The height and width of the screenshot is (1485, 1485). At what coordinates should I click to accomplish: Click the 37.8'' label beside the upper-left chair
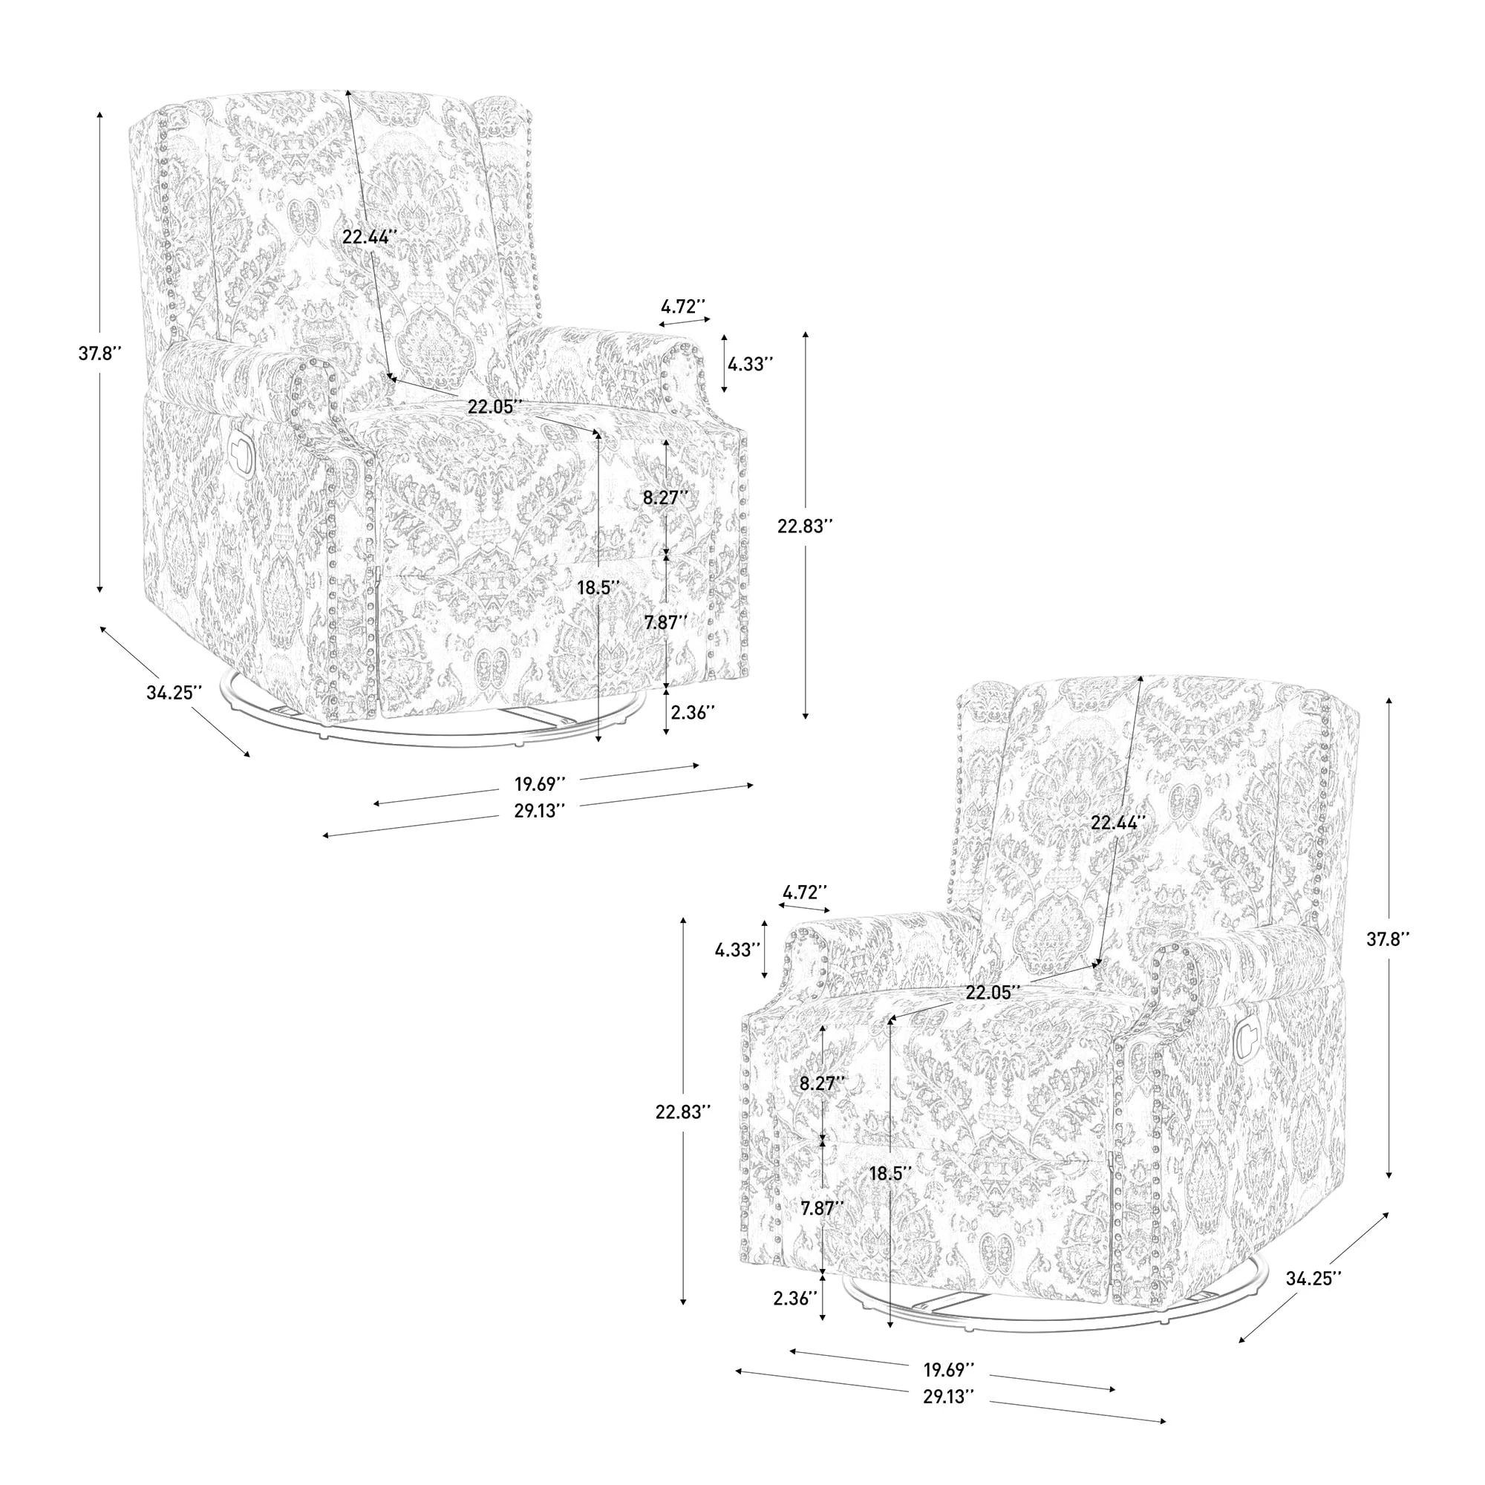click(100, 353)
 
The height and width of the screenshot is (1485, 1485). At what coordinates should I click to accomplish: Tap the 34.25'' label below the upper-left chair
click(174, 693)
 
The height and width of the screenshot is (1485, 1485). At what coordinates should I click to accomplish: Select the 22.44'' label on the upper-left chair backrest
click(370, 237)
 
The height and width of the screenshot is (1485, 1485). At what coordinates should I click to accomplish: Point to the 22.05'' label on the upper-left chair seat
click(495, 407)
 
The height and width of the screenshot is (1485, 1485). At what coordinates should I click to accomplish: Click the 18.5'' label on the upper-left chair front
click(598, 588)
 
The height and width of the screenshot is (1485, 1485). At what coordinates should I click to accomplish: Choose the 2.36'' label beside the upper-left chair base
click(693, 712)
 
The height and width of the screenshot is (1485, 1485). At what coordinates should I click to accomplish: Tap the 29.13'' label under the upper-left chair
click(540, 810)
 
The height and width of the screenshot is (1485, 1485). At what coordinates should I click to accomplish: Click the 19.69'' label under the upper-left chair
click(540, 784)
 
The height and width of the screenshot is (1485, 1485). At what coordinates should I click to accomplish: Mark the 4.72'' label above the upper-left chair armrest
click(683, 306)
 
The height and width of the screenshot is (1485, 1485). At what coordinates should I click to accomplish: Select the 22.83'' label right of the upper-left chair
click(805, 526)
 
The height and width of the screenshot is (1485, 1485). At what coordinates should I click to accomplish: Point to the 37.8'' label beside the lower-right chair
click(1388, 939)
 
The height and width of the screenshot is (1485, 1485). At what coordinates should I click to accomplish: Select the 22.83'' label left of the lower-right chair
click(682, 1112)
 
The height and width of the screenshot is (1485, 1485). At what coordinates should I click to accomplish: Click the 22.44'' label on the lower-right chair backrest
click(1118, 823)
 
